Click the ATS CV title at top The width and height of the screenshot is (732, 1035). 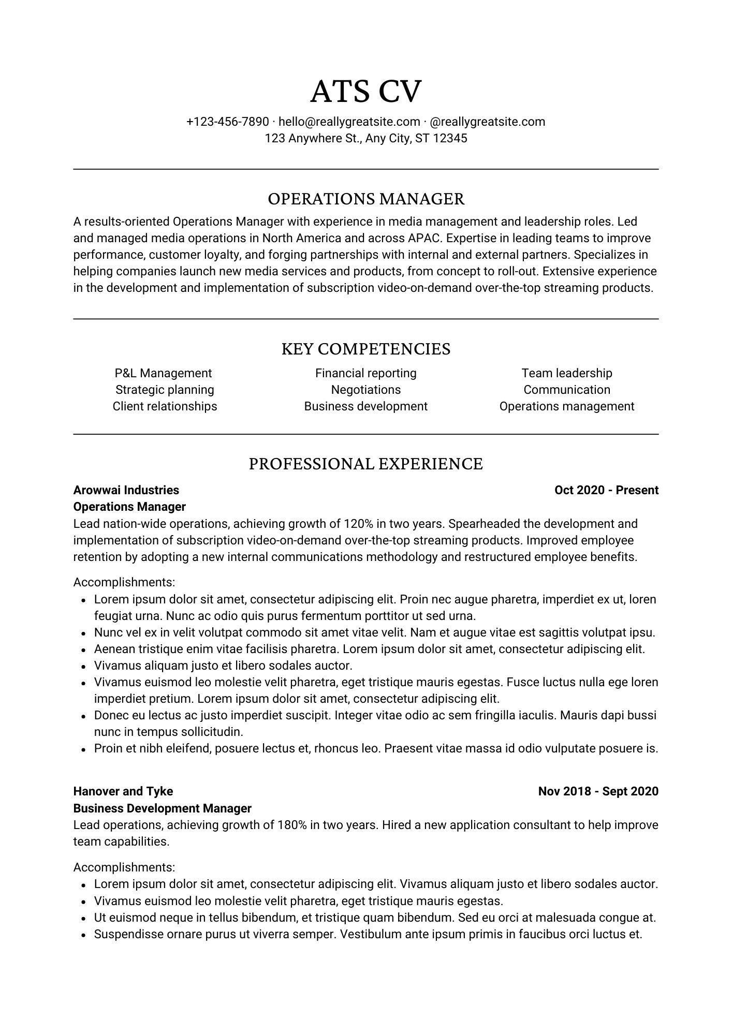pyautogui.click(x=365, y=92)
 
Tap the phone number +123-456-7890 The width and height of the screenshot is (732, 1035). pyautogui.click(x=227, y=122)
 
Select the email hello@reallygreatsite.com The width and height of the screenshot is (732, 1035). pyautogui.click(x=349, y=122)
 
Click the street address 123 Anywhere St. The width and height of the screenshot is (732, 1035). pyautogui.click(x=312, y=138)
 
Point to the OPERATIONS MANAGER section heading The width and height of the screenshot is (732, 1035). pyautogui.click(x=365, y=199)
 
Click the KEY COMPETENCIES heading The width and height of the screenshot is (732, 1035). pyautogui.click(x=365, y=349)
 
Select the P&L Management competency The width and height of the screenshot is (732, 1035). pyautogui.click(x=163, y=373)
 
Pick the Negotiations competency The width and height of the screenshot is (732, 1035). pyautogui.click(x=365, y=390)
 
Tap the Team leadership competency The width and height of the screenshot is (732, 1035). pyautogui.click(x=566, y=373)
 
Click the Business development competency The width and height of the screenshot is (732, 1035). pyautogui.click(x=365, y=406)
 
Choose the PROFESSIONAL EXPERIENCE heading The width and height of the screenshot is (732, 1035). pyautogui.click(x=365, y=464)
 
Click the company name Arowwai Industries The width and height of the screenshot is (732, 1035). pyautogui.click(x=126, y=490)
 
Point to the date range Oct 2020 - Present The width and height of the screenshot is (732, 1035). pyautogui.click(x=606, y=490)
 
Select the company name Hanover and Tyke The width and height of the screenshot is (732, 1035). pyautogui.click(x=123, y=791)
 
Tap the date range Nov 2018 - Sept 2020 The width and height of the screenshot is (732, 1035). pyautogui.click(x=598, y=791)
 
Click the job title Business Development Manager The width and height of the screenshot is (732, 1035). pyautogui.click(x=162, y=808)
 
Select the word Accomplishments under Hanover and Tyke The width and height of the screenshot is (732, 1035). pyautogui.click(x=124, y=867)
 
